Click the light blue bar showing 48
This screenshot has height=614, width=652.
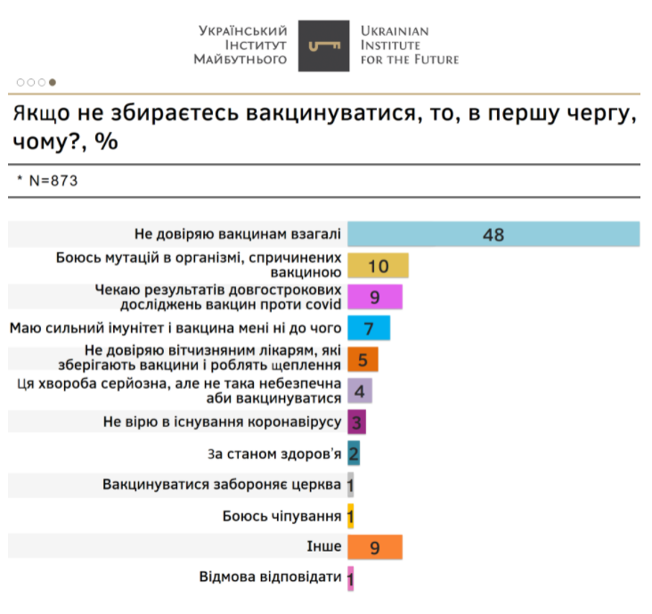coord(493,234)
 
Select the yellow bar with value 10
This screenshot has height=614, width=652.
coord(378,266)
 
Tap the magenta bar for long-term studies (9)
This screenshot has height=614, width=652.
coord(375,298)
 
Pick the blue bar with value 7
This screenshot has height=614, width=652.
coord(368,329)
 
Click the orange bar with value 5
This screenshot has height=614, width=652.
coord(363,360)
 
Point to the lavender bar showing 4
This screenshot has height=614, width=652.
coord(359,391)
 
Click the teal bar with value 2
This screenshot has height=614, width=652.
coord(354,454)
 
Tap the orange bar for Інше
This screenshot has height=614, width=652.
coord(375,547)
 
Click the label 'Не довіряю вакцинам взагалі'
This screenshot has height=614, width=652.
coord(237,234)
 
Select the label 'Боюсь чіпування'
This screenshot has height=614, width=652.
coord(282,516)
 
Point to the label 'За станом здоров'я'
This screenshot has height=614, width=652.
coord(274,454)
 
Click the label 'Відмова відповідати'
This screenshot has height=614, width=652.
coord(271,577)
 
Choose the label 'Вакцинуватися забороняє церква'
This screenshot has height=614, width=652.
coord(222,485)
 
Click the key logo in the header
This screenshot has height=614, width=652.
coord(323,45)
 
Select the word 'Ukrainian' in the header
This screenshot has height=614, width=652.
coord(395,31)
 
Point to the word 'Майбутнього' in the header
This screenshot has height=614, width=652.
coord(240,60)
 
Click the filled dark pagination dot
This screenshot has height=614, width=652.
coord(53,82)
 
